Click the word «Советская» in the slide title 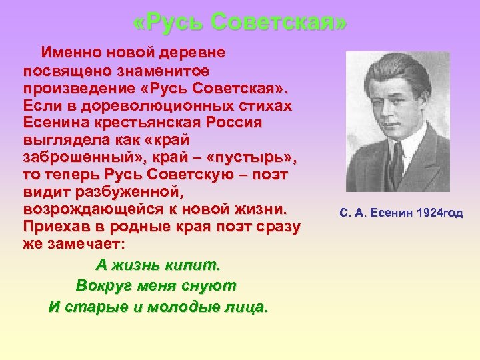[x=279, y=23]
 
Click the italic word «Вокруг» [x=104, y=286]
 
